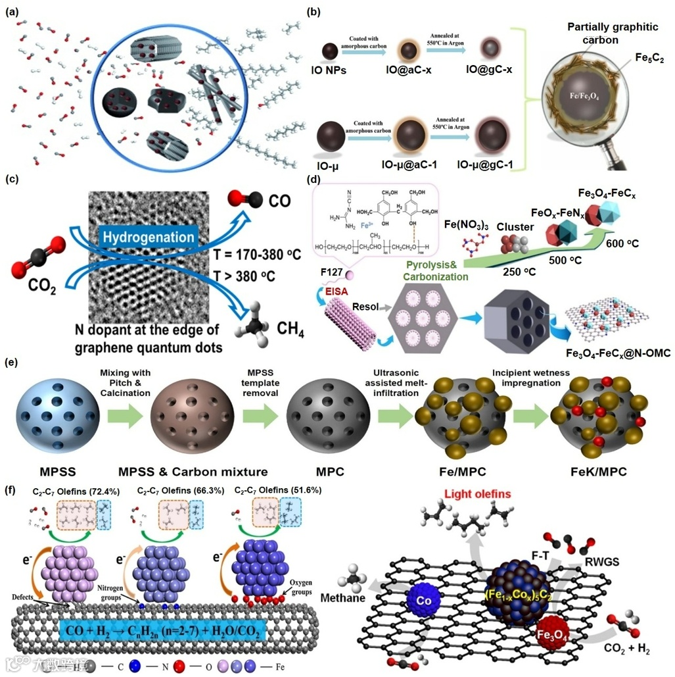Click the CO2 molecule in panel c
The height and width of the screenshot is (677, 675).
pos(39,253)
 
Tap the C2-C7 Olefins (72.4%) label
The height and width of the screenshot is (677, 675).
pos(69,491)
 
